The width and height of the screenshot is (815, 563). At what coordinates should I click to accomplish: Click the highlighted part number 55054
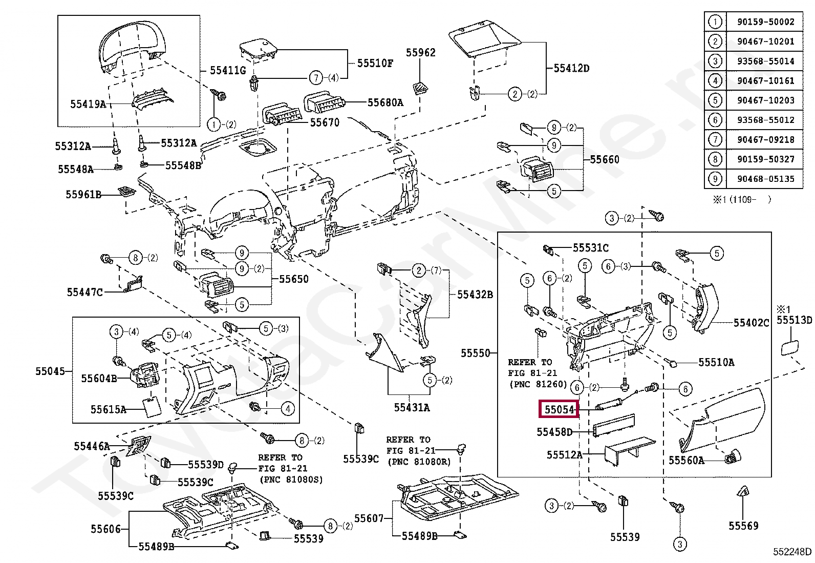coord(559,409)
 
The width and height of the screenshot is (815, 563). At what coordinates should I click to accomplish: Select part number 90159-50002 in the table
coord(766,22)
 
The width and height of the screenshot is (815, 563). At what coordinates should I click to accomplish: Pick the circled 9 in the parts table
coord(715,179)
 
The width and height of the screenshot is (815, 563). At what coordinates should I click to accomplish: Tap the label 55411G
coord(228,70)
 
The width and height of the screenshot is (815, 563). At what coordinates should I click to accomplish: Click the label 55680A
coord(385,102)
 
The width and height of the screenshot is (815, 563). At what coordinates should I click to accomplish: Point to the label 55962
coord(421,52)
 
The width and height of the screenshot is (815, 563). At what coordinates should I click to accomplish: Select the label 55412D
coord(571,68)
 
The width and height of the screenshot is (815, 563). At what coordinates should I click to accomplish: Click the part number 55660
coord(605,159)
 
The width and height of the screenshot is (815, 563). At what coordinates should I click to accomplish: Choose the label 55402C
coord(751,323)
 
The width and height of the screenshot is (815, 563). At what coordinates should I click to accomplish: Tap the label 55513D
coord(794,320)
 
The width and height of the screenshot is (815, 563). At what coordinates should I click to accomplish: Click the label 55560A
coord(686,460)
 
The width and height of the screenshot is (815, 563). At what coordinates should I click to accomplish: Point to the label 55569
coord(743,526)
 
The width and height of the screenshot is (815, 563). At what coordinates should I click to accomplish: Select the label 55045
coord(50,370)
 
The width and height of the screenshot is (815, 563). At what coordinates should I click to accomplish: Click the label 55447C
coord(84,292)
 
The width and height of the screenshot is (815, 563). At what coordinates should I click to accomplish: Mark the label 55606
coord(105,529)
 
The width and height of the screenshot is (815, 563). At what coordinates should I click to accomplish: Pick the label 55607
coord(369,518)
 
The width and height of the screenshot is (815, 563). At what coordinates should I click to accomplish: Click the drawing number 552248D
coord(792,552)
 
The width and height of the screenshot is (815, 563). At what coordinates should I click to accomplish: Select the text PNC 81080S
coord(291,480)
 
